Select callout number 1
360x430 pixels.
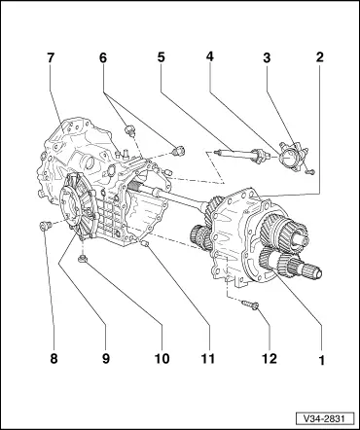(x=317, y=359)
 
